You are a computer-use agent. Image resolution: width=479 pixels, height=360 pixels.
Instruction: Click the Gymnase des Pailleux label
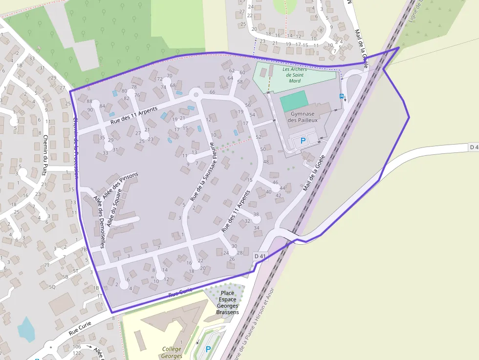[x=303, y=116]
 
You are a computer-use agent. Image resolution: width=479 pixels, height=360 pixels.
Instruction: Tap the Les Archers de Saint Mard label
[x=295, y=75]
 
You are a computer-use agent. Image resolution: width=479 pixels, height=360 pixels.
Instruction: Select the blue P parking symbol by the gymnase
[x=303, y=141]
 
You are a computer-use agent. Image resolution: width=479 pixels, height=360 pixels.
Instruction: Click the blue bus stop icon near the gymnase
[x=341, y=96]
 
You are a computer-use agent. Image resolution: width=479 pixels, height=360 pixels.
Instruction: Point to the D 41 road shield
[x=261, y=256]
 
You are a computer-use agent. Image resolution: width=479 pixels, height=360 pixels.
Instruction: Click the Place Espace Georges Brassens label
[x=227, y=302]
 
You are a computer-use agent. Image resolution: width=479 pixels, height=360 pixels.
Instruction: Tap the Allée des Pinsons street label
[x=120, y=185]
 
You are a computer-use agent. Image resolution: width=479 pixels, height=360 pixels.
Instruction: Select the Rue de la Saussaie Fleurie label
[x=201, y=171]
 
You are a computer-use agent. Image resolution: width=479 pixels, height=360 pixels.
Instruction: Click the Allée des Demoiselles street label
[x=99, y=222]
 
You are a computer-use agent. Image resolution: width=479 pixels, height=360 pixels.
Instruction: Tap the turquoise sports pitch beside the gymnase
[x=293, y=101]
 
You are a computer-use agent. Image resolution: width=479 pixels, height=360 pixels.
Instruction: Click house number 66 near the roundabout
[x=212, y=92]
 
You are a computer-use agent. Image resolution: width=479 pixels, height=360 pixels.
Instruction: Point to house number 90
[x=90, y=110]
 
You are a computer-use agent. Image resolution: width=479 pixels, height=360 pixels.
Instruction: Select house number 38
[x=256, y=214]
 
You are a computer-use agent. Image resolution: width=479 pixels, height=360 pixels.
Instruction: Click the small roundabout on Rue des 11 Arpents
[x=196, y=94]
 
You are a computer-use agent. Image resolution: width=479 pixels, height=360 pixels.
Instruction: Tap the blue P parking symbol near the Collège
[x=208, y=349]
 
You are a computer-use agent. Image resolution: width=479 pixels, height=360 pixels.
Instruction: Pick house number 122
[x=76, y=353]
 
